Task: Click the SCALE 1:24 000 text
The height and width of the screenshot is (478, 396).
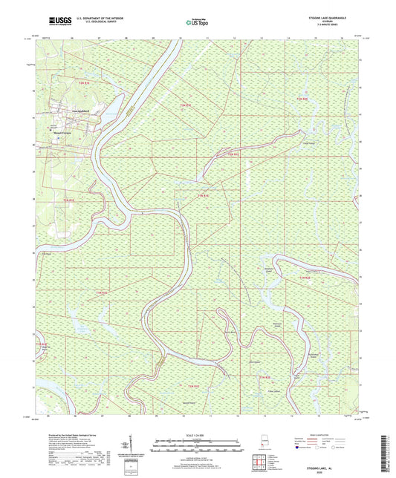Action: (198, 434)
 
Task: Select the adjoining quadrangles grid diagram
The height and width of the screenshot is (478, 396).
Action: (260, 457)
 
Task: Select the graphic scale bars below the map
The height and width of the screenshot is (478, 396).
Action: (198, 446)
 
